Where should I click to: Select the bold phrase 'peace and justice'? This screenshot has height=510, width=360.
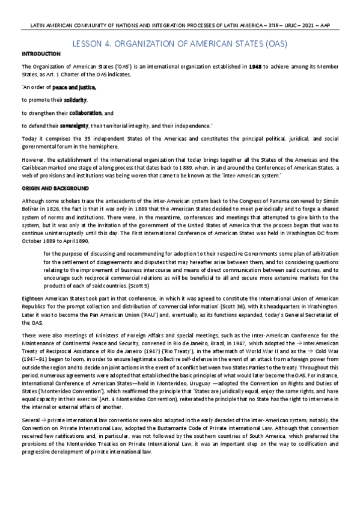click(x=78, y=87)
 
